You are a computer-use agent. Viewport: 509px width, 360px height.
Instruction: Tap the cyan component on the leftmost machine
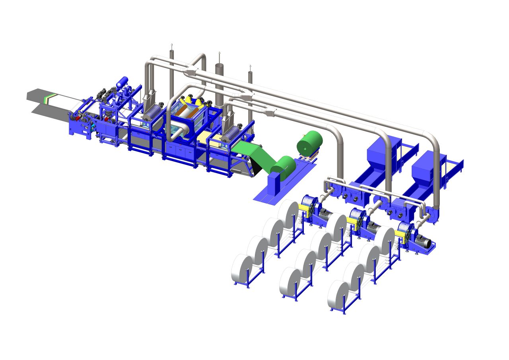tap(93, 125)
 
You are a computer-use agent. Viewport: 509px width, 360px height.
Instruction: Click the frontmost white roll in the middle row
tap(290, 283)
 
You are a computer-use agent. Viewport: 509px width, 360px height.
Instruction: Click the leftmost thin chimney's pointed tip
tap(171, 44)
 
